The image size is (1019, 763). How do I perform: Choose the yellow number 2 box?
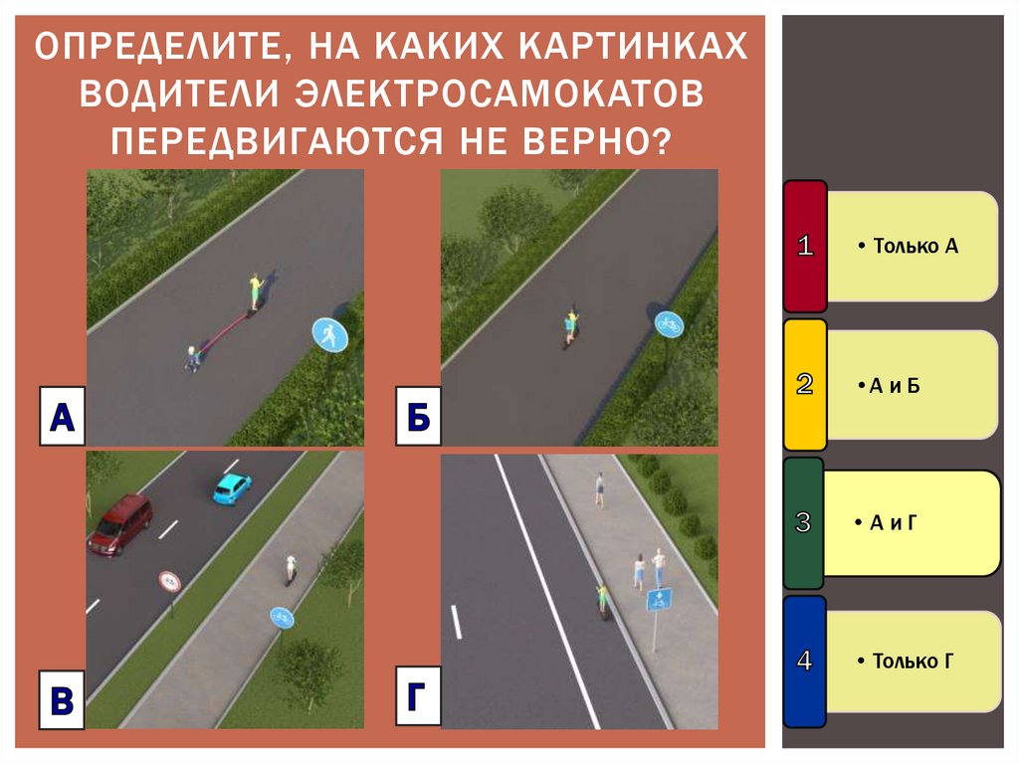tap(805, 384)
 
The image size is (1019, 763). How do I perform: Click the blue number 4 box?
tap(805, 660)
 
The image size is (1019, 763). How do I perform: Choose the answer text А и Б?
tap(895, 385)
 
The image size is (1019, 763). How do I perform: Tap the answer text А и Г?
tap(893, 522)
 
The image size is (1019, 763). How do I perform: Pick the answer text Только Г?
tap(913, 660)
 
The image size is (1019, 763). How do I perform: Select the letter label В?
tap(62, 700)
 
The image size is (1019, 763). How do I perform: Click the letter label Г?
tap(416, 698)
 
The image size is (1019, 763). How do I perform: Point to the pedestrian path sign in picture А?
tap(328, 334)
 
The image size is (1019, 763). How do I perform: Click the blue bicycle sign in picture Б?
tap(669, 322)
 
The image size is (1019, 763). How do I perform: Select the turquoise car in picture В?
tap(231, 487)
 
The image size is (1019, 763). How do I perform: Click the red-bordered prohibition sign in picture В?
tap(169, 581)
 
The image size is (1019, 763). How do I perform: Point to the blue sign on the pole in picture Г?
tap(657, 600)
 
